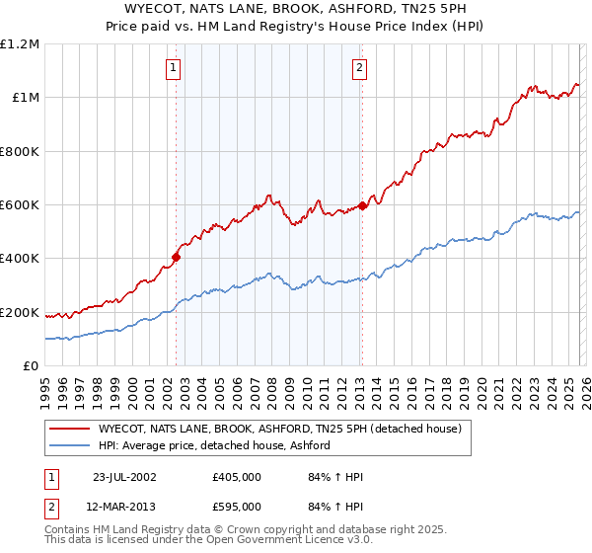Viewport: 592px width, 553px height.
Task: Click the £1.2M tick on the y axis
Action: [20, 44]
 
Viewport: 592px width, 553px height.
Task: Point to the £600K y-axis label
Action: [20, 205]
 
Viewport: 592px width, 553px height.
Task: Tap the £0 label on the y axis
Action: [32, 366]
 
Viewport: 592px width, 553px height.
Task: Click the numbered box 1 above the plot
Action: [174, 68]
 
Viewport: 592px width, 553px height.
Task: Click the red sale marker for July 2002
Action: [177, 257]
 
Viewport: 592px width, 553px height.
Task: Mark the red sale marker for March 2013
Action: [362, 205]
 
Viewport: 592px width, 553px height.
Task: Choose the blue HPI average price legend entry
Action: [213, 446]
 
